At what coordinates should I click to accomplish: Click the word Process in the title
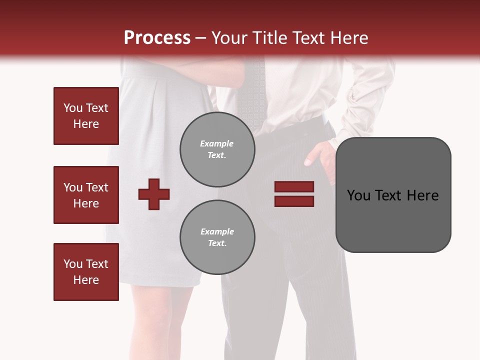pos(157,38)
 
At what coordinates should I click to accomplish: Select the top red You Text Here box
pos(86,116)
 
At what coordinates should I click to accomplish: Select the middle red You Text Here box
pos(86,195)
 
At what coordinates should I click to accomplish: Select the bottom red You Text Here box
pos(86,272)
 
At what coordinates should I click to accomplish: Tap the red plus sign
pos(154,194)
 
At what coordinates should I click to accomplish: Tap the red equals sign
pos(294,194)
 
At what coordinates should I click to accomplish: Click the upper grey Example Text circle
pos(217,149)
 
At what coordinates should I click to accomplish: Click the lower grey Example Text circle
pos(217,237)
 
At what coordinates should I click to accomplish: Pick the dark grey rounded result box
pos(393,195)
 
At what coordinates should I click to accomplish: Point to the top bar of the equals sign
pos(294,187)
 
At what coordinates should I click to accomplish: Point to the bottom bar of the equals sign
pos(294,201)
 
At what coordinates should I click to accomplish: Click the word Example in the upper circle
pos(217,143)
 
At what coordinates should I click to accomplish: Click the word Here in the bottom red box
pos(86,280)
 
